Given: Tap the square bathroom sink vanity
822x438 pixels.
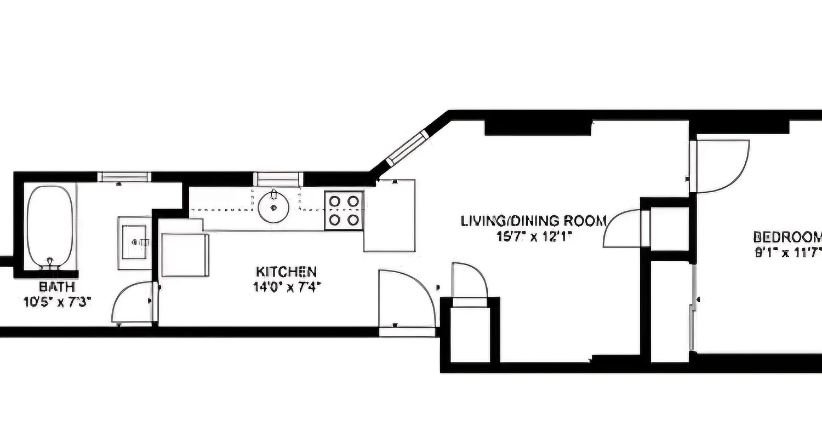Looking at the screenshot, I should (x=135, y=243).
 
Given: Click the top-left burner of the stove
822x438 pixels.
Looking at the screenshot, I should (x=334, y=201).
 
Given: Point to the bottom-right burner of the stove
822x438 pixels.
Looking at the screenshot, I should (x=353, y=220).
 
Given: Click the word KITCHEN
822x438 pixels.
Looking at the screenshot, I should (x=286, y=272).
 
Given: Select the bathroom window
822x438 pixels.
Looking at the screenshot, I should (x=124, y=177).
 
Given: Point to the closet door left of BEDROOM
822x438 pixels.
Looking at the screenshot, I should (x=623, y=229).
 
